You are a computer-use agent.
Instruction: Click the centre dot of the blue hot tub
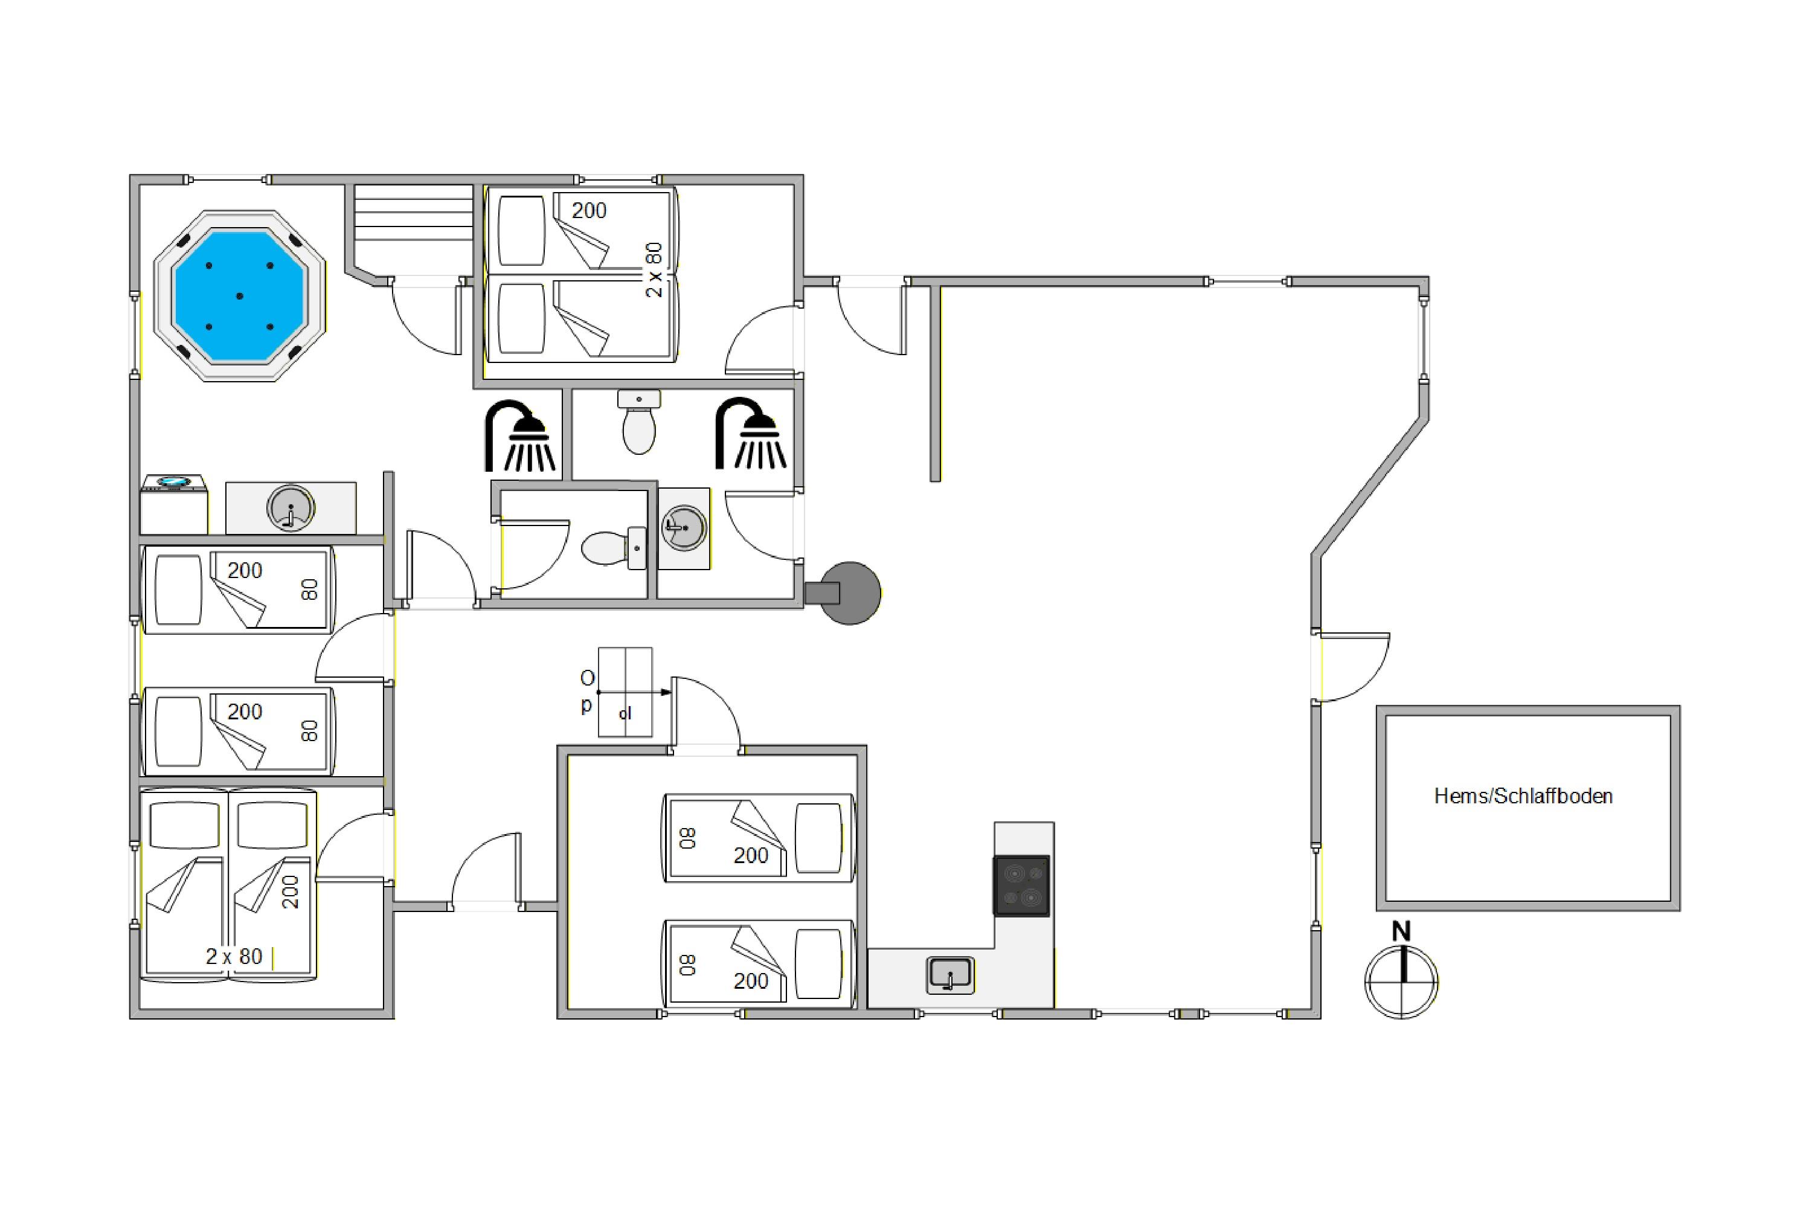pyautogui.click(x=240, y=296)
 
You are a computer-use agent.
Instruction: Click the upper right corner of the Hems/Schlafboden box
pyautogui.click(x=1680, y=707)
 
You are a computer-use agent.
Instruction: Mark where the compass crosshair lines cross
pyautogui.click(x=1401, y=982)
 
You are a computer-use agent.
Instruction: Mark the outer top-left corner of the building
pyautogui.click(x=130, y=176)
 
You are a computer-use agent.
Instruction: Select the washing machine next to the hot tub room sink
pyautogui.click(x=174, y=504)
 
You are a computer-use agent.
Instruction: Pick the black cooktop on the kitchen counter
pyautogui.click(x=1021, y=886)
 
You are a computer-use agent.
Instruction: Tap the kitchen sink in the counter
pyautogui.click(x=951, y=975)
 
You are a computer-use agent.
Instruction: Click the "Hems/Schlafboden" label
pyautogui.click(x=1523, y=796)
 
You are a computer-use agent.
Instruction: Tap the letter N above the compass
pyautogui.click(x=1401, y=931)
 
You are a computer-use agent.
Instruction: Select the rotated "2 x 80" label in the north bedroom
pyautogui.click(x=654, y=271)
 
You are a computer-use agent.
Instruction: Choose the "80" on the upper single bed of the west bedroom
pyautogui.click(x=309, y=590)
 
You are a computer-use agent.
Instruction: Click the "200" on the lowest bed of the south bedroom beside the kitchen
pyautogui.click(x=751, y=981)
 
